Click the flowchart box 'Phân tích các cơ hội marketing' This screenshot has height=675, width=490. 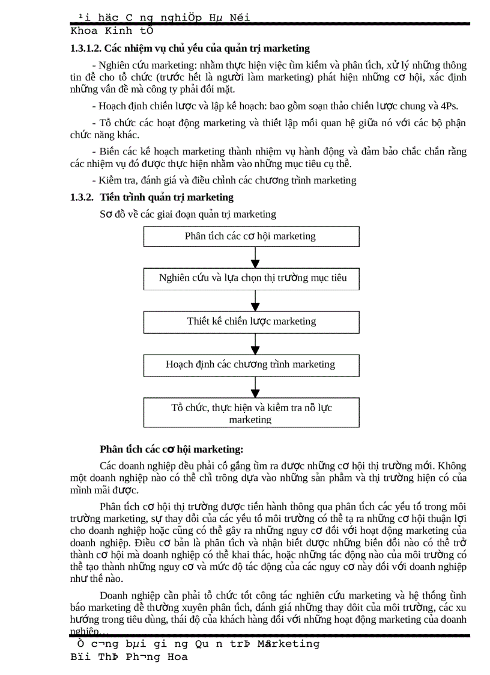tap(251, 236)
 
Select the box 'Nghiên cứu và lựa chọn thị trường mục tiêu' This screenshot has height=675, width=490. tap(251, 278)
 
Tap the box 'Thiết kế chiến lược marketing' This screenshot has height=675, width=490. tap(251, 322)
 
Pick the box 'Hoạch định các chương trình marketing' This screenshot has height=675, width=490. tap(251, 365)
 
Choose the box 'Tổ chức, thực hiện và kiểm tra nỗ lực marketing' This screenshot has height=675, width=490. tap(251, 413)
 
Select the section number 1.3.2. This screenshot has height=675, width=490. tap(82, 197)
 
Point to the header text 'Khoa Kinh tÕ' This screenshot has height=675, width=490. tap(112, 31)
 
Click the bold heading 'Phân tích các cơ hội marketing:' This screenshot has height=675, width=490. tap(172, 449)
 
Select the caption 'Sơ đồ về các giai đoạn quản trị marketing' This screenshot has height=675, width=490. tap(188, 214)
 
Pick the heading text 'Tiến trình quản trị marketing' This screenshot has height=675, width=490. tap(167, 197)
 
